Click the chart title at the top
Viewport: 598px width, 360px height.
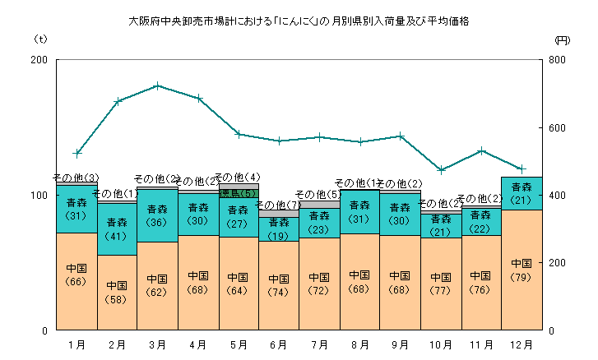click(299, 21)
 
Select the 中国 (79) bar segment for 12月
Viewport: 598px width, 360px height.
click(522, 270)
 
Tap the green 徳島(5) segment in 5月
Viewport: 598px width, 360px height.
click(238, 193)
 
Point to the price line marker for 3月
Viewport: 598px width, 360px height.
click(157, 85)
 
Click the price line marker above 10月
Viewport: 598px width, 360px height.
click(442, 170)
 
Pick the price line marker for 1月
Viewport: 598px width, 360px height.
click(76, 153)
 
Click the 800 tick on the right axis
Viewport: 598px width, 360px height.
click(558, 60)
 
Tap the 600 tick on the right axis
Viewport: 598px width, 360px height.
click(558, 127)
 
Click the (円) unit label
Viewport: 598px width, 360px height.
click(561, 39)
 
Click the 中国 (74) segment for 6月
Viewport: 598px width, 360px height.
click(279, 285)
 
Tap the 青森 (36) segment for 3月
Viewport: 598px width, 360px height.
click(157, 215)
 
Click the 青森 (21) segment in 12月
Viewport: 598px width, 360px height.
click(522, 193)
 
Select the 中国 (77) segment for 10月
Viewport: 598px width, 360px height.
click(441, 284)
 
